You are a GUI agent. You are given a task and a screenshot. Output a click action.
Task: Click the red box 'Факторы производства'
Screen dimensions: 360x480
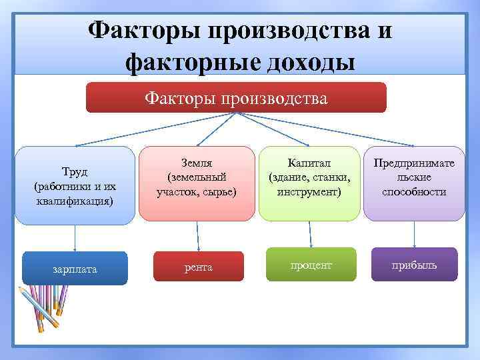[236, 98]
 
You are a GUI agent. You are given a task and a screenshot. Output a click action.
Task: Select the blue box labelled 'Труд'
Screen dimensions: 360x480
[75, 185]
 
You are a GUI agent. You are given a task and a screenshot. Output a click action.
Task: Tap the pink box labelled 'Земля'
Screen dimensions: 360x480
[197, 183]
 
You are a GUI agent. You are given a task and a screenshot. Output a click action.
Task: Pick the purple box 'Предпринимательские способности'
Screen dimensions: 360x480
[414, 183]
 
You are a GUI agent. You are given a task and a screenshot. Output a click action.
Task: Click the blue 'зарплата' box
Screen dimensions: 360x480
[75, 269]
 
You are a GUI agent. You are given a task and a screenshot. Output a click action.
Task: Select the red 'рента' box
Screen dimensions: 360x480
[198, 267]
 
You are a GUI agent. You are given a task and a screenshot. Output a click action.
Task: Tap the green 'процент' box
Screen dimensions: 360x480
[311, 264]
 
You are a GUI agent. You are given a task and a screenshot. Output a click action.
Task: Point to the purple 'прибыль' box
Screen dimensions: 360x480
[414, 264]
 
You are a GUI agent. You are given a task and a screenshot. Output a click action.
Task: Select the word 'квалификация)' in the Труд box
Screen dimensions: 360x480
[75, 200]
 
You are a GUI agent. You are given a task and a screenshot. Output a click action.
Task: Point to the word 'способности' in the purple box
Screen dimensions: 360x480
[414, 192]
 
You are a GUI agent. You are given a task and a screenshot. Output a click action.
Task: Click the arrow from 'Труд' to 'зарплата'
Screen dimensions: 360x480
[75, 238]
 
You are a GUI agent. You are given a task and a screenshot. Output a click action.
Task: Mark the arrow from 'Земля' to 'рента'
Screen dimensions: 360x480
[197, 235]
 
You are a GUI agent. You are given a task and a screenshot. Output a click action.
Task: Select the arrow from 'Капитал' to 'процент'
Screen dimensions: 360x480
[311, 233]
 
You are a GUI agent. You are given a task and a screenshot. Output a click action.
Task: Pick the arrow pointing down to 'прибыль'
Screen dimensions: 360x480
[415, 233]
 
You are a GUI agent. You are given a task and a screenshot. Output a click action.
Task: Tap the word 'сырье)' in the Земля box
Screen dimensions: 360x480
[219, 192]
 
